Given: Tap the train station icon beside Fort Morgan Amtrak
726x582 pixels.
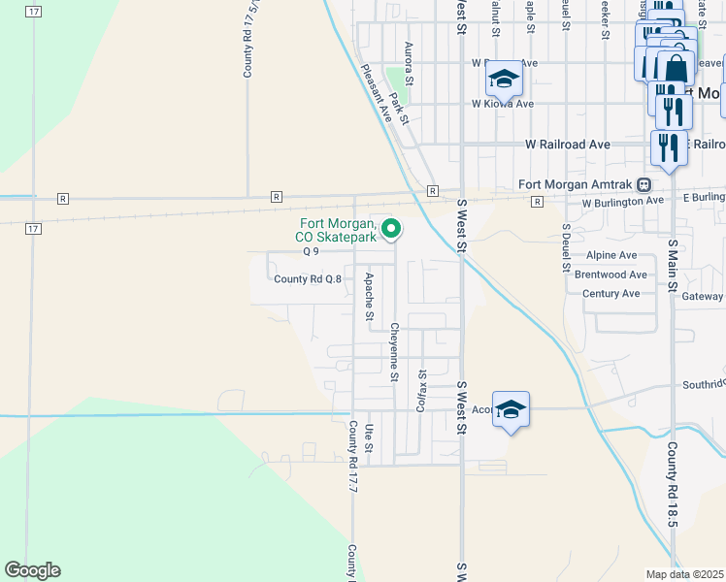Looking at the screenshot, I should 643,184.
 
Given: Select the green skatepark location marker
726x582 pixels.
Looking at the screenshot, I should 392,230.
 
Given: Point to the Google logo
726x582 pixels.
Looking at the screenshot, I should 32,570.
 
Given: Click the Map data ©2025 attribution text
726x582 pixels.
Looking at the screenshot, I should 685,573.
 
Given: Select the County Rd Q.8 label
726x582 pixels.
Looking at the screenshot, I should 308,279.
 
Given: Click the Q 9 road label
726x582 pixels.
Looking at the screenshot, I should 312,251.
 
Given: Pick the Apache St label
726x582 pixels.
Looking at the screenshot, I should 369,296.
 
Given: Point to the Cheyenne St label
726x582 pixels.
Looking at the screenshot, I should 395,350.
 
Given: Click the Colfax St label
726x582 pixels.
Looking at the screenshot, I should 421,389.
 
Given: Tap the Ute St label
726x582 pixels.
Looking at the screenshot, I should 370,437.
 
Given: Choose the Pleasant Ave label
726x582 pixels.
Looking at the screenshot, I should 376,93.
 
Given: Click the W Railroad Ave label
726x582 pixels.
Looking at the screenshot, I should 568,145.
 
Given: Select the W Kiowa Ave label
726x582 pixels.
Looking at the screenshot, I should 503,104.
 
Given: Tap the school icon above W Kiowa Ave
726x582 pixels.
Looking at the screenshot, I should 504,77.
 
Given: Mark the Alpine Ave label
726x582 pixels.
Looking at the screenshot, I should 611,255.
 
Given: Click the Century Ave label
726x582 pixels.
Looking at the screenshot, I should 611,294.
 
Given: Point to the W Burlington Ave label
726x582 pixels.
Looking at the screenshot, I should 622,203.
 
